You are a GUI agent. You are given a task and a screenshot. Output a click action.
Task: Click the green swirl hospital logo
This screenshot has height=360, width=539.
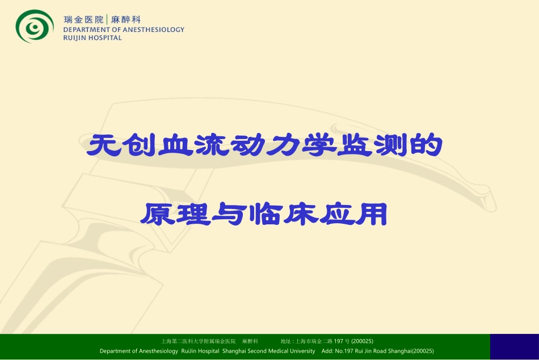click(34, 26)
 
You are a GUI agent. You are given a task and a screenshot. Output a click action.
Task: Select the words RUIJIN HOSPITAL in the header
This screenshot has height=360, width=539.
click(92, 38)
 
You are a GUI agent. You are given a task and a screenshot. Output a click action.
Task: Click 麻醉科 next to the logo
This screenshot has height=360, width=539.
click(126, 19)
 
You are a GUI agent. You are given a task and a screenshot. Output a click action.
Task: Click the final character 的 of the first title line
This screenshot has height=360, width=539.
click(426, 146)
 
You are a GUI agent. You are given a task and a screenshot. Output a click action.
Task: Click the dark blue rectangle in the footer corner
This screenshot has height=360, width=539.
click(514, 346)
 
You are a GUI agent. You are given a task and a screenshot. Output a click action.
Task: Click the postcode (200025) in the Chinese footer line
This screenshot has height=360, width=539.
click(362, 341)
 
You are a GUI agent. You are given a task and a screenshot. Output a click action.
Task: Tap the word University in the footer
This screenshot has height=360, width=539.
click(300, 351)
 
